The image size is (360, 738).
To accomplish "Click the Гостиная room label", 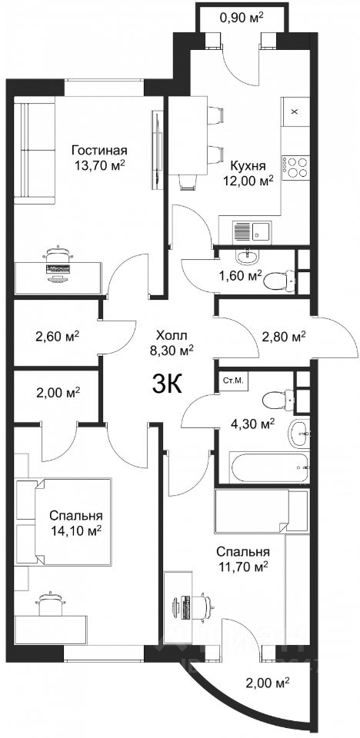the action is tap(99, 151).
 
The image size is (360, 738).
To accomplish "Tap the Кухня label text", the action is tap(248, 166).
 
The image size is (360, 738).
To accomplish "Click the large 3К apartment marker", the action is tap(166, 384).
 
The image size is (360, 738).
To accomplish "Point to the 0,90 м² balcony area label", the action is tap(242, 18).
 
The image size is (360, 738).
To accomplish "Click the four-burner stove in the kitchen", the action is tap(295, 167).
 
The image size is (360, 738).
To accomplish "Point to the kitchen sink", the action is tap(251, 231).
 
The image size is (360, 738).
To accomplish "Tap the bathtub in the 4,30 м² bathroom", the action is tap(269, 467).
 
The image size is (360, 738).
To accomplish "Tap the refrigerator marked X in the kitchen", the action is tap(295, 111).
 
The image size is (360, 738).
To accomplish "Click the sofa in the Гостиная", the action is tap(35, 150).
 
